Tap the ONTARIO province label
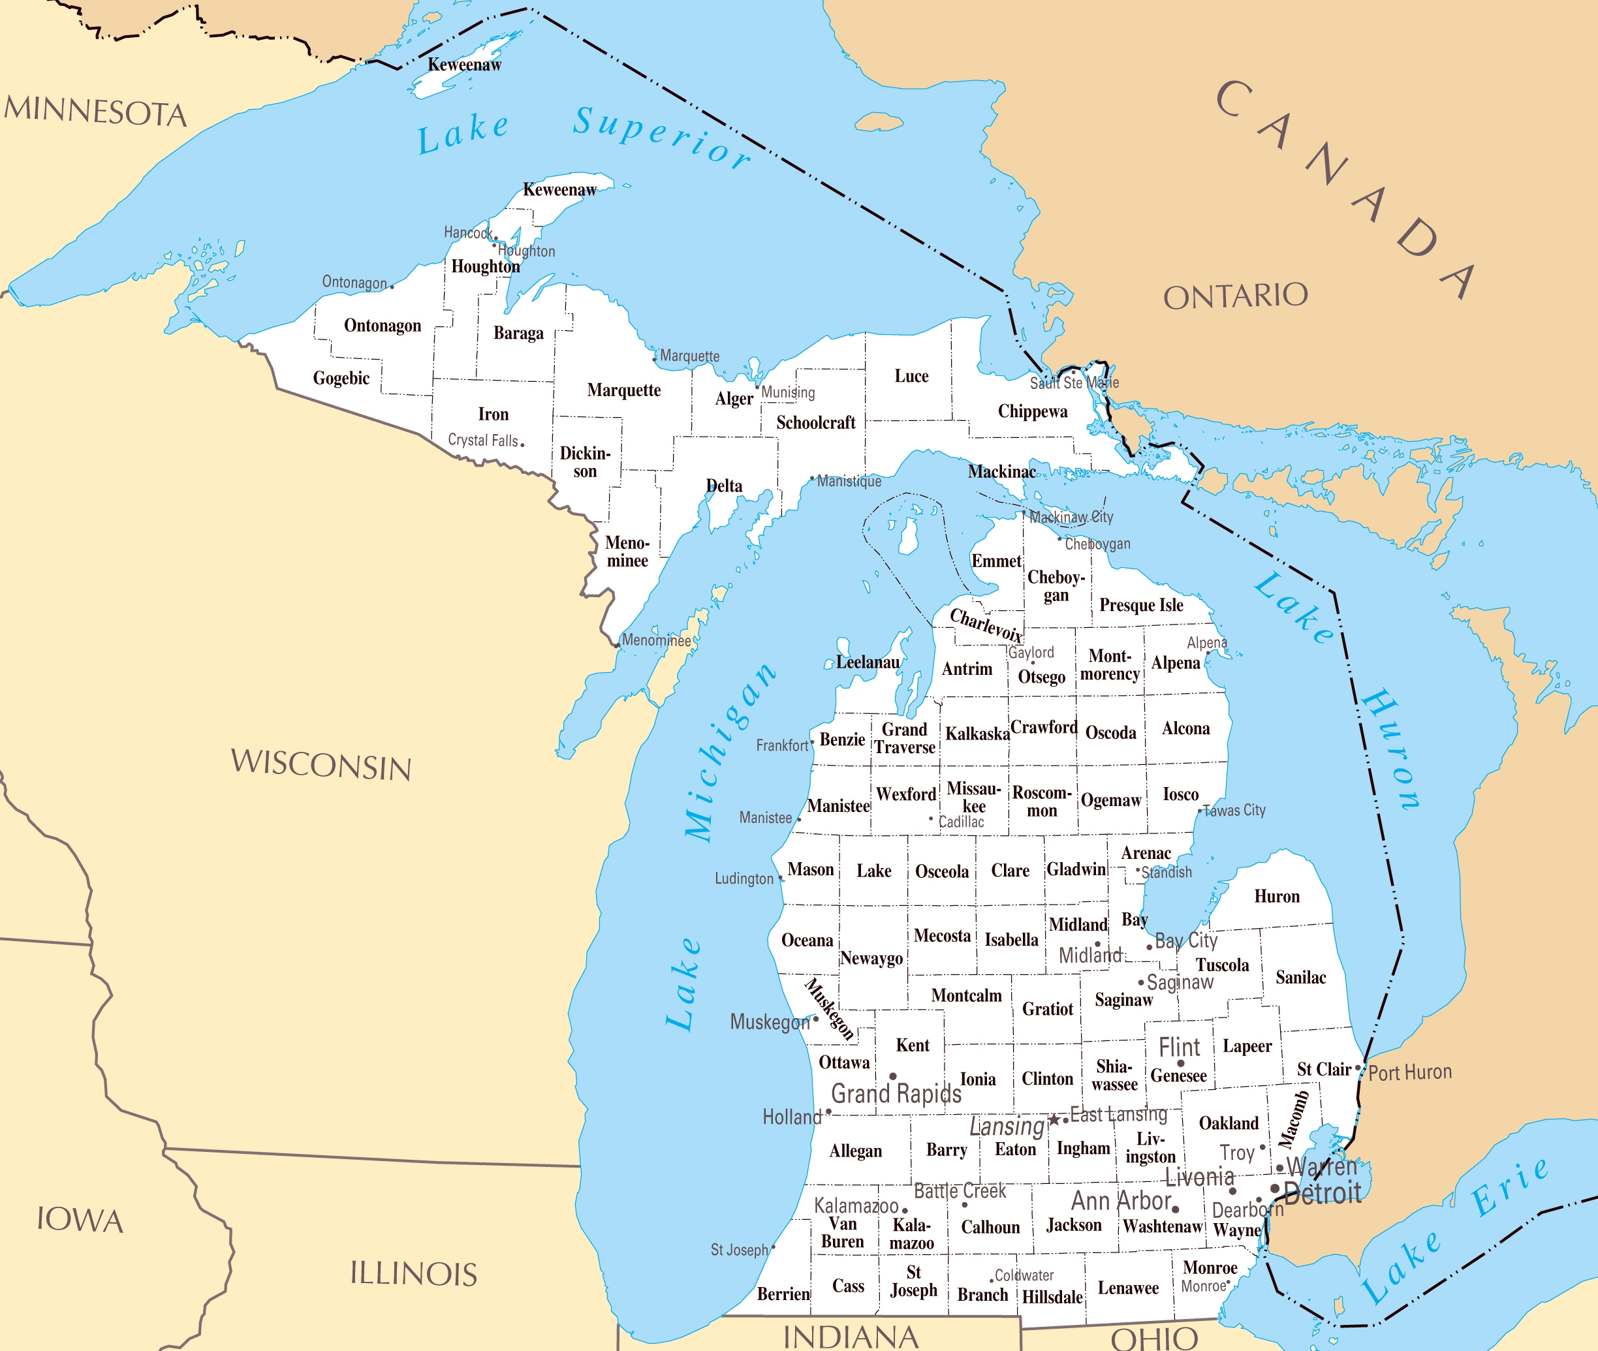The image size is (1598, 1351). coord(1235,296)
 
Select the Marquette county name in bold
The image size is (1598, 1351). coord(623,390)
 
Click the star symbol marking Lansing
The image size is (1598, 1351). coord(1054,1120)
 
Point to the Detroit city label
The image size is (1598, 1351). coord(1323,1193)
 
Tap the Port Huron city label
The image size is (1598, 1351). coord(1409,1072)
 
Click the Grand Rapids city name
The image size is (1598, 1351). coord(896,1094)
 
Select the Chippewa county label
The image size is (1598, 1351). coord(1032,412)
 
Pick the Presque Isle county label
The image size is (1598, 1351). coord(1140,605)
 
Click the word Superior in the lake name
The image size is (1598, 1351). coord(663,138)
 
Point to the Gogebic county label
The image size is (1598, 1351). coord(341,379)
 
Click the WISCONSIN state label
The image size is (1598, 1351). coord(321,765)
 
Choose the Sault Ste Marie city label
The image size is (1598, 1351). coord(1073,382)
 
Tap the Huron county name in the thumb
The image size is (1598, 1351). coord(1276,897)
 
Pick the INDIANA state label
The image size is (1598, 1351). coord(851,1337)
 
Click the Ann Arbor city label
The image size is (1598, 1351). coord(1121,1201)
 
